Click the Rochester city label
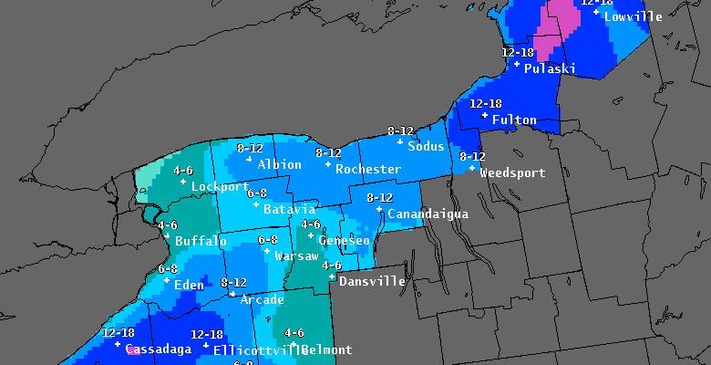(367, 170)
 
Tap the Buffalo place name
(201, 242)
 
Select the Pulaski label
(550, 68)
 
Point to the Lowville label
(633, 16)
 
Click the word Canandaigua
(428, 214)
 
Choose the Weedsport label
(512, 173)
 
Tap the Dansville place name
(372, 282)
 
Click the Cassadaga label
(159, 349)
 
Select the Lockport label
(220, 187)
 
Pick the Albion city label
(279, 165)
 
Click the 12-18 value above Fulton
(486, 104)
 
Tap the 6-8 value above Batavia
(256, 193)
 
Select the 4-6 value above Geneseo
(310, 224)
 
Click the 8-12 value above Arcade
(233, 283)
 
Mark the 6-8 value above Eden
(167, 269)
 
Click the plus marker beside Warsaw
(266, 251)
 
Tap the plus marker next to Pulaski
(517, 64)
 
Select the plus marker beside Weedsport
(471, 168)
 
